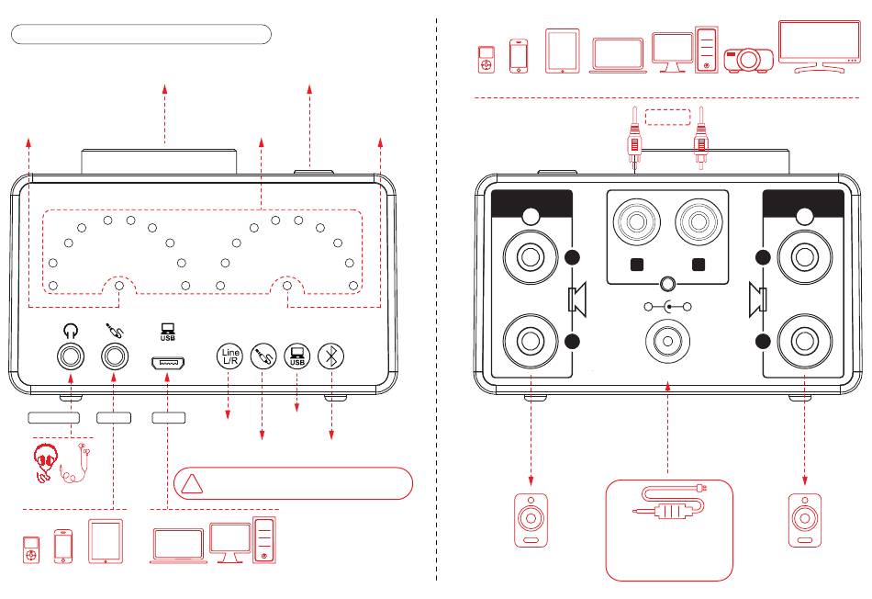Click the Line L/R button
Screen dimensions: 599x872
pos(229,356)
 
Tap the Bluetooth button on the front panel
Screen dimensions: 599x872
pos(330,356)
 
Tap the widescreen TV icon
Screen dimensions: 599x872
pos(813,44)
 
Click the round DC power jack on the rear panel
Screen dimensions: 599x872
pos(667,340)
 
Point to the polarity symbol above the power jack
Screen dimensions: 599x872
pos(667,307)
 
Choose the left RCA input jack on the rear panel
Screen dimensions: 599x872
pos(635,222)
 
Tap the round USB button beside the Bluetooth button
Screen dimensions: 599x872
pos(296,356)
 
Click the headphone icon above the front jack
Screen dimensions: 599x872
pos(70,327)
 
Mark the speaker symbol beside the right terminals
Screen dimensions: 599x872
pos(756,299)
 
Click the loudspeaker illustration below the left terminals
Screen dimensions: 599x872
pos(531,521)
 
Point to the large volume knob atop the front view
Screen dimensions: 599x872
pos(161,163)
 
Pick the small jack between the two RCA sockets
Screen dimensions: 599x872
pos(667,284)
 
